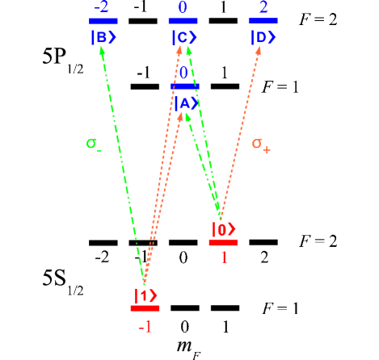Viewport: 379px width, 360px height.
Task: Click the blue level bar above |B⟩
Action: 103,22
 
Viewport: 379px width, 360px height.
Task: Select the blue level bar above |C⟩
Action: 183,21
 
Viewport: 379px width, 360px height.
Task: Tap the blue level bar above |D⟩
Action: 263,21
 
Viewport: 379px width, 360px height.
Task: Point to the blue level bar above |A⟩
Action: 185,86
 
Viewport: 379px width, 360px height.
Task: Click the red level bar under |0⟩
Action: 223,242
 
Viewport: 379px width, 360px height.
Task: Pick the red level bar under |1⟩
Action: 145,308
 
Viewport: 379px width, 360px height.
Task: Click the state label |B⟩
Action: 103,37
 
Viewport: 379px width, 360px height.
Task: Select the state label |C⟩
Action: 183,37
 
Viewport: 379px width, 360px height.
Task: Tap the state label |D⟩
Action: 263,37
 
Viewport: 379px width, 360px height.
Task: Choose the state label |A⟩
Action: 184,103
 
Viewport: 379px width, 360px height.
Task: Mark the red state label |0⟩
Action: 223,228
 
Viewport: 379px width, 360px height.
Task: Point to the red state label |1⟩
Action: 145,295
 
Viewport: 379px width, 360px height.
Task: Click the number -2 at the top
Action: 102,7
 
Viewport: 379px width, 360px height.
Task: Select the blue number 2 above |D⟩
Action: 263,7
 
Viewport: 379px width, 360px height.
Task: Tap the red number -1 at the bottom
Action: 145,326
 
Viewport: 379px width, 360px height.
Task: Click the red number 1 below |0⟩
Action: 224,258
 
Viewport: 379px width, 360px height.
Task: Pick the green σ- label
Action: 94,144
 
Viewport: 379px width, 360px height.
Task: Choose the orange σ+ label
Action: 260,144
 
